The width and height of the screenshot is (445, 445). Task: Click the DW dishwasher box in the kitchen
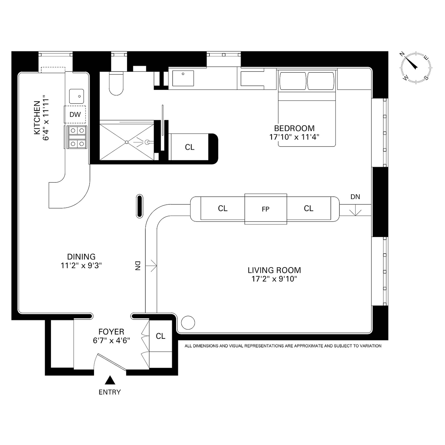coord(75,114)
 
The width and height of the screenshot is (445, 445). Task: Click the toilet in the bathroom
coord(116,84)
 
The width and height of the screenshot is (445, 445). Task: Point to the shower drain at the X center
coord(127,142)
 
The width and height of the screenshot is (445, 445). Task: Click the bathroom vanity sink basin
coord(183,78)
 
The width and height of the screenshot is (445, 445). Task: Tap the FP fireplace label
coord(266,209)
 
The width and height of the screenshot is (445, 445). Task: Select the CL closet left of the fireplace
coord(222,208)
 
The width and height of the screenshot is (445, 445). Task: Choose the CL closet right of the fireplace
coord(308,208)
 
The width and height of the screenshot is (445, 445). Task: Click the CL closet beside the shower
coord(190,147)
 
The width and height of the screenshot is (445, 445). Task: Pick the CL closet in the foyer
coord(160,336)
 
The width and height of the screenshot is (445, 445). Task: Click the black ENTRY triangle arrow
coord(110,380)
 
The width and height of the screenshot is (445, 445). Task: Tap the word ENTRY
coord(110,392)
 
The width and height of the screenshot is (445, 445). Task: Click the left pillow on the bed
coord(292,81)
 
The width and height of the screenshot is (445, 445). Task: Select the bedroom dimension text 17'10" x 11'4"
coord(294,137)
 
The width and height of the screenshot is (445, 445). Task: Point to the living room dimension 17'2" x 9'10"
coord(274,279)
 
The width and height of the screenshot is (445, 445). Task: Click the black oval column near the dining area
coord(139,206)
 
